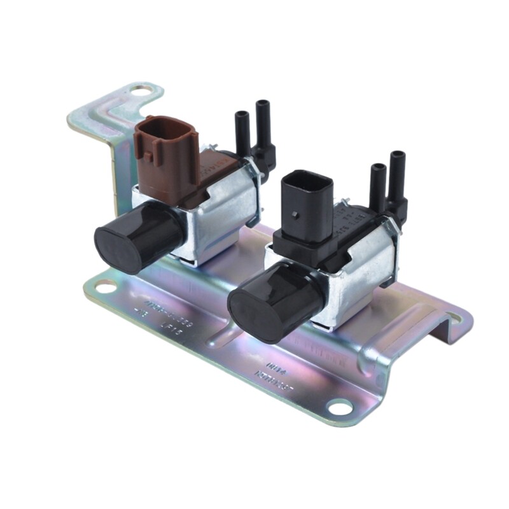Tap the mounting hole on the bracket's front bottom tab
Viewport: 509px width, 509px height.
click(x=339, y=407)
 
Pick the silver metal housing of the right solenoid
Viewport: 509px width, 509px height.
click(x=359, y=274)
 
